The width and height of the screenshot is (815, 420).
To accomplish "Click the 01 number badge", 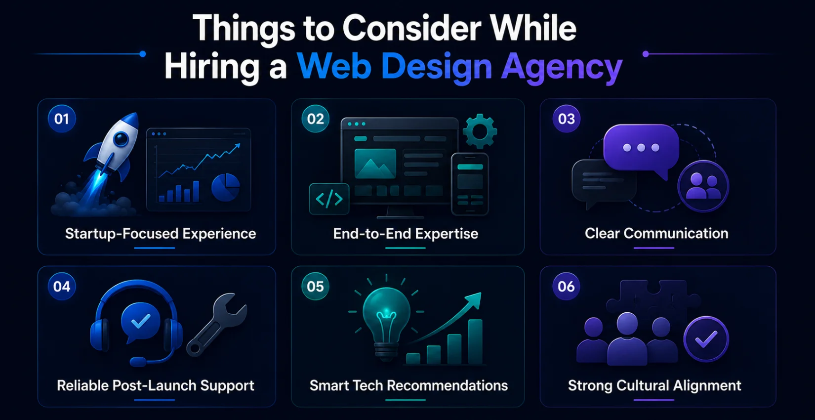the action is pos(61,119).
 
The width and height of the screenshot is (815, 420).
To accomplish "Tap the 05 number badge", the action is pos(315,287).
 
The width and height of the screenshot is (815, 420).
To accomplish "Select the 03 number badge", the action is pos(566,119).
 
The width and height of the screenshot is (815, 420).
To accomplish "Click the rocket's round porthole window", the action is pos(121,139).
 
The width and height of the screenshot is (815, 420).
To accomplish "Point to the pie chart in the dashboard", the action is pos(226,187).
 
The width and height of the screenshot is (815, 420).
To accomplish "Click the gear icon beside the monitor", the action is pos(480,131).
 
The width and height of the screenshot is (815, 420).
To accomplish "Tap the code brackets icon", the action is pos(329,199).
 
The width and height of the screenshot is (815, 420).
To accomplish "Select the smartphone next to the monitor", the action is pos(470,184).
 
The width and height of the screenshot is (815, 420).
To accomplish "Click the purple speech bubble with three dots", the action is pos(641,150).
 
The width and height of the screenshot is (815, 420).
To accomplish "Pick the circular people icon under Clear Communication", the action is pos(703,186).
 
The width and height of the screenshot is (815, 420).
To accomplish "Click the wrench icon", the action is pos(216,325).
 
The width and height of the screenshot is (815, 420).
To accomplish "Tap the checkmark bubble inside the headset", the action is pos(140,322).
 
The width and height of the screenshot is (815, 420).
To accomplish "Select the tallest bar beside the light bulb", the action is pos(475,341).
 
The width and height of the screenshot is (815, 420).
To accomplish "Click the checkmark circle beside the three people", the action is pos(706,339).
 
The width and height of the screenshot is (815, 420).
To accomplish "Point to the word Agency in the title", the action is pos(562,67).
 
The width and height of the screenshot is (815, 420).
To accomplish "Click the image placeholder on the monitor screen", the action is pos(375,164).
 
